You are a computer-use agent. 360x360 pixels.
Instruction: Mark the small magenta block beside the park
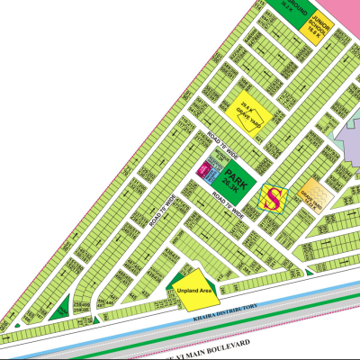[202, 168]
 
